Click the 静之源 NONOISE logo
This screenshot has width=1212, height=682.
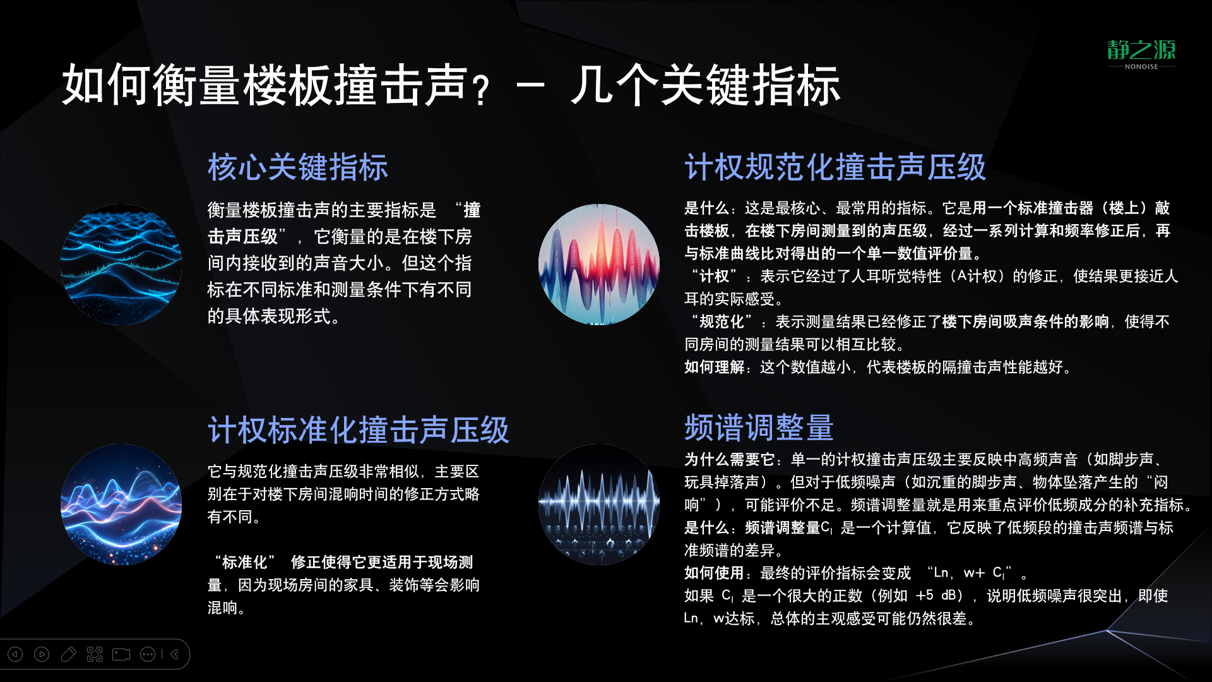click(x=1141, y=54)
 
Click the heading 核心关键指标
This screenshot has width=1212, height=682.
click(x=298, y=167)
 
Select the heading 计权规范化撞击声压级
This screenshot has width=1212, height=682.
click(x=835, y=167)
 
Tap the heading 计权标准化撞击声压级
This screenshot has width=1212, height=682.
click(x=359, y=430)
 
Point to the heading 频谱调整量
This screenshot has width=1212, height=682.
click(x=759, y=428)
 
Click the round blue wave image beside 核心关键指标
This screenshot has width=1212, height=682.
click(x=121, y=265)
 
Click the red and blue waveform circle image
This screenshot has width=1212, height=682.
click(x=599, y=265)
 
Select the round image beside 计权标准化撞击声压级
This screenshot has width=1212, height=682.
click(x=121, y=505)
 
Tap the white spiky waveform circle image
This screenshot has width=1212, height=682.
click(x=599, y=505)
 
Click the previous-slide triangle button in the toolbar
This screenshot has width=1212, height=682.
click(x=15, y=654)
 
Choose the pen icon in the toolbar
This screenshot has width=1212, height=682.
click(x=68, y=654)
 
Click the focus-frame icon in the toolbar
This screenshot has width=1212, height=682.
click(x=95, y=654)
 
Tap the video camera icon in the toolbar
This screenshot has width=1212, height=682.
click(x=121, y=654)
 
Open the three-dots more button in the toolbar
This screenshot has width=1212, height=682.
click(x=148, y=654)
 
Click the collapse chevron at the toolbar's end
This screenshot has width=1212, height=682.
click(x=175, y=654)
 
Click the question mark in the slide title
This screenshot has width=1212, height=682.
click(x=482, y=90)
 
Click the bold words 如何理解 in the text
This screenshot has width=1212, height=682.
click(x=715, y=367)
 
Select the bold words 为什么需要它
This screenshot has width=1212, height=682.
click(x=729, y=459)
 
